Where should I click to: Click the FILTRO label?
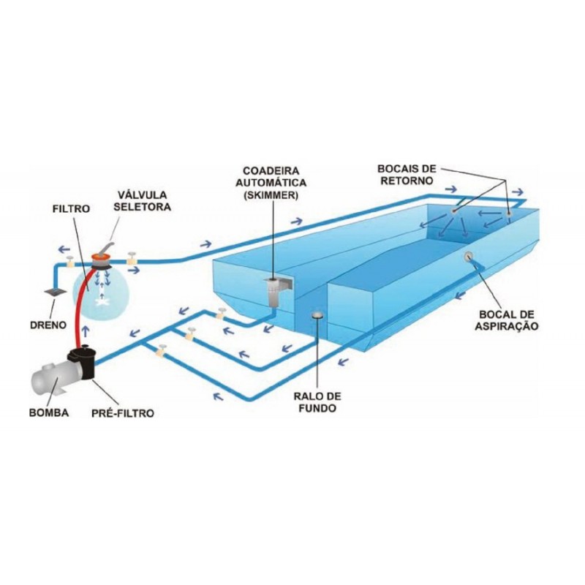(x=71, y=208)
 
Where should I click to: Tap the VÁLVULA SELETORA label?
(x=142, y=200)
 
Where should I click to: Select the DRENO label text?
(x=48, y=325)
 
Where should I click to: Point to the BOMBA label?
(x=49, y=413)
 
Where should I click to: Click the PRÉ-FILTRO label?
(x=123, y=413)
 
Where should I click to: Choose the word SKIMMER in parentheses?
(x=271, y=195)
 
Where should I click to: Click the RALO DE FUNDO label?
(x=317, y=402)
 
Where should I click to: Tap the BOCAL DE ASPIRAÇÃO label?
(x=506, y=320)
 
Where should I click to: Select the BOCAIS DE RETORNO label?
(x=407, y=175)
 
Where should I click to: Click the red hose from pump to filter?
(x=80, y=306)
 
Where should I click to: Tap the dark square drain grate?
(x=55, y=292)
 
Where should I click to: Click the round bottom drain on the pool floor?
(x=317, y=315)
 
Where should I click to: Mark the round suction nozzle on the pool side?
(x=468, y=256)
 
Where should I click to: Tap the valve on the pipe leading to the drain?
(x=69, y=262)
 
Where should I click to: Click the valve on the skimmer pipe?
(x=221, y=314)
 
